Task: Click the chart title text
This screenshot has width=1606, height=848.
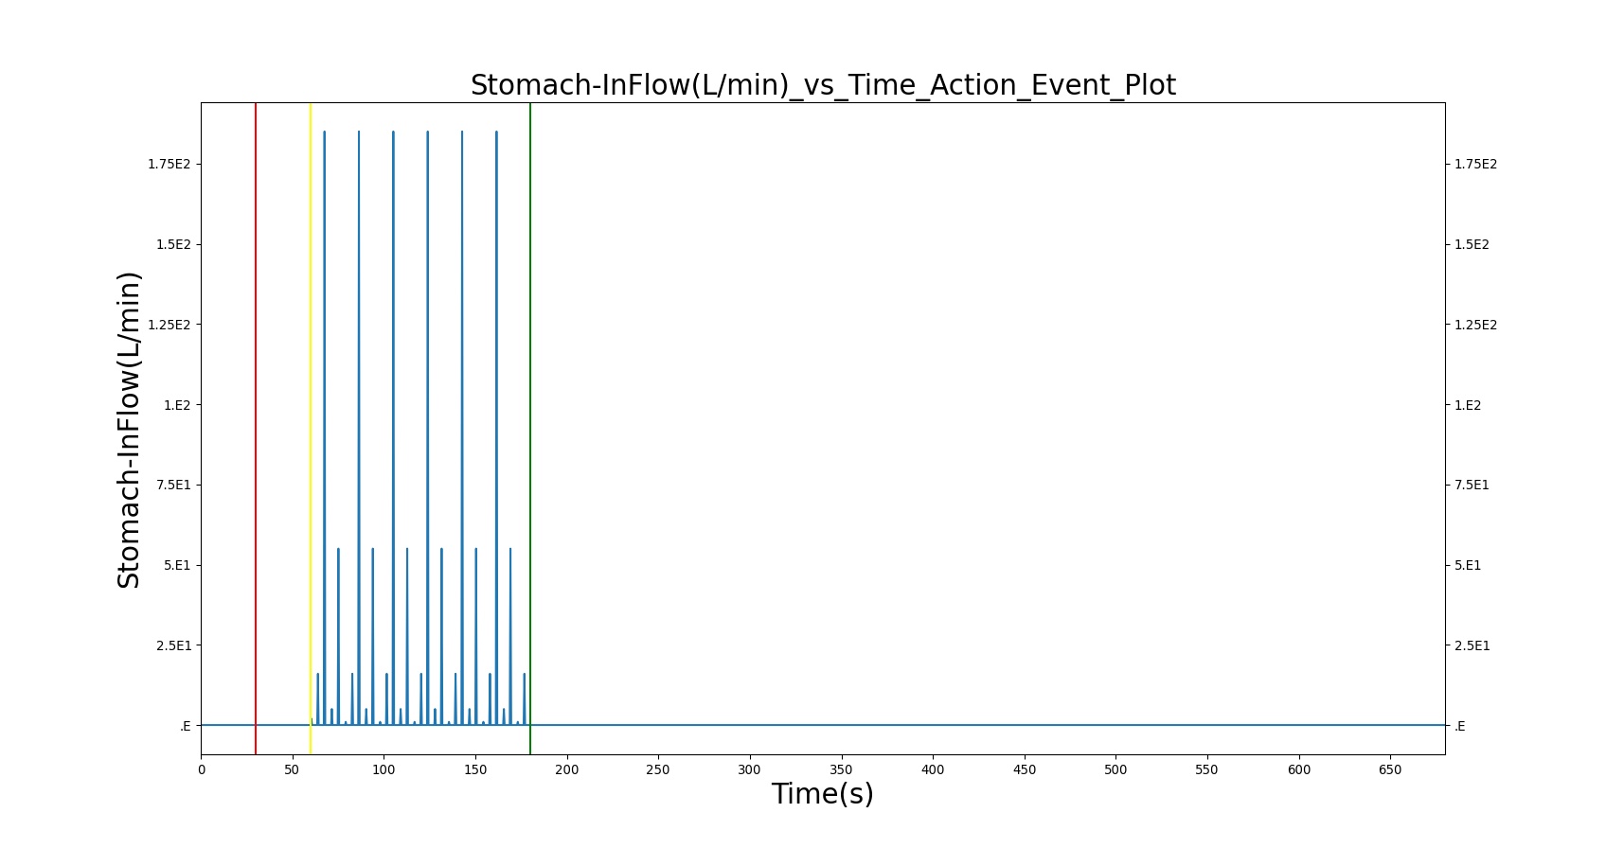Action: (x=822, y=85)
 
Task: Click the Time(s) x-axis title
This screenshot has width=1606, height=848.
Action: (x=822, y=794)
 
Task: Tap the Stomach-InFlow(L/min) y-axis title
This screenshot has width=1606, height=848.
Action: (x=129, y=430)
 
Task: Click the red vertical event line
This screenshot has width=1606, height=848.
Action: (x=256, y=429)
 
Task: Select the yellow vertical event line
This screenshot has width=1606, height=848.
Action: (x=311, y=429)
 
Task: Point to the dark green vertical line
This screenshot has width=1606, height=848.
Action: (x=530, y=429)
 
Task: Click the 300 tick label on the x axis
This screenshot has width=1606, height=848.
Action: (x=749, y=769)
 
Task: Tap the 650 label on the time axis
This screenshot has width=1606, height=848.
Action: (x=1389, y=769)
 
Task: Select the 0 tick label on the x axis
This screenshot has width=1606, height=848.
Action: (x=202, y=769)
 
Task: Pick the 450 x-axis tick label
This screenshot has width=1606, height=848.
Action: (x=1024, y=769)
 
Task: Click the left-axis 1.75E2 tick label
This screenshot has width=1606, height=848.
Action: (x=170, y=164)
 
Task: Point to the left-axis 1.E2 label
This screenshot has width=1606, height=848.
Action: (x=177, y=405)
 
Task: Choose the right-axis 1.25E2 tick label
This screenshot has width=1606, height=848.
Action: (x=1475, y=325)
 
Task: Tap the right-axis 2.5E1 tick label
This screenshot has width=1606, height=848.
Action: (x=1472, y=645)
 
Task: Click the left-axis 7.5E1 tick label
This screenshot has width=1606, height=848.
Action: (x=173, y=486)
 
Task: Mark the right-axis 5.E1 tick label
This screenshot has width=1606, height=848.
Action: (x=1468, y=566)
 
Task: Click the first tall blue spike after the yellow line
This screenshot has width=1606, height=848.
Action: (x=324, y=428)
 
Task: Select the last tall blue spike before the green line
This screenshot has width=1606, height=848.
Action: (x=496, y=428)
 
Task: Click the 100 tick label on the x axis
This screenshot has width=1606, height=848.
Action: (x=384, y=769)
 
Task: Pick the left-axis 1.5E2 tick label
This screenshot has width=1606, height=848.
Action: (x=173, y=244)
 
